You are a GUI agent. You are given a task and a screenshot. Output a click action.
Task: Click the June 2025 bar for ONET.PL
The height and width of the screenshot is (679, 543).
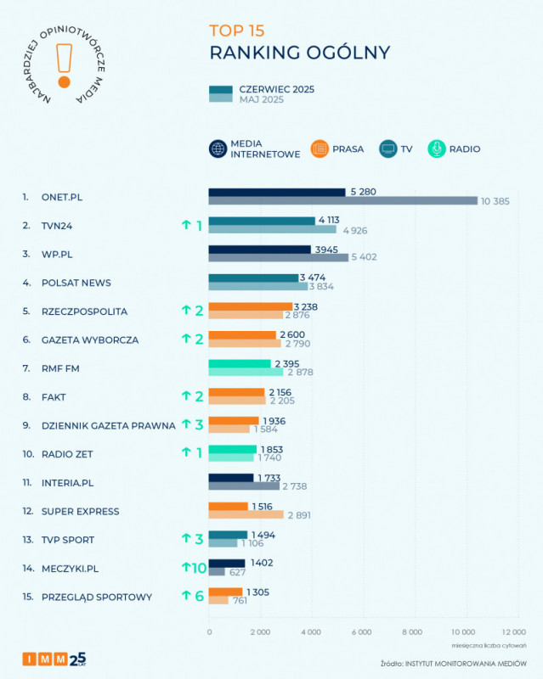tap(277, 192)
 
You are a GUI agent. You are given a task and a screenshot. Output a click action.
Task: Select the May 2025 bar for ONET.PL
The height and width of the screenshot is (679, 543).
tap(343, 201)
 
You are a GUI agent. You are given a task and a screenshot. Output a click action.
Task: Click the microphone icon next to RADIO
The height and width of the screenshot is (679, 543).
tap(436, 149)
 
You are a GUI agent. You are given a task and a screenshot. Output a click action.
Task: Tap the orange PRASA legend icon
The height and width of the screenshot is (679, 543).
tap(320, 149)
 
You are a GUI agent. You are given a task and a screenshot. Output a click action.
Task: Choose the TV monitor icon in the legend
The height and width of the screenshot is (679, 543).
tap(388, 149)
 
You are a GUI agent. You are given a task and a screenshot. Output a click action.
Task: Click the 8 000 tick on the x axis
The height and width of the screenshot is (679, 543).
tap(412, 632)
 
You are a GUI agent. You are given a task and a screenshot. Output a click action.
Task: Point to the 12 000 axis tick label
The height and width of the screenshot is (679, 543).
tap(512, 632)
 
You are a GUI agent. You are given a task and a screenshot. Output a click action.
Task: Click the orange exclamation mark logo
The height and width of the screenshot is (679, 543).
tap(63, 64)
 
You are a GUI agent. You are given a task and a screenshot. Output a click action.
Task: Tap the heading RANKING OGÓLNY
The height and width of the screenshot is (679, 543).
tap(300, 53)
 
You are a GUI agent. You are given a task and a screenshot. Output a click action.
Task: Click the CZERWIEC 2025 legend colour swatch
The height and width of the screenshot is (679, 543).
tap(220, 89)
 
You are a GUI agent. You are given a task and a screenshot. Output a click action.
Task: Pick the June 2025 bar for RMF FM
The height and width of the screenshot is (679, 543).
tap(240, 363)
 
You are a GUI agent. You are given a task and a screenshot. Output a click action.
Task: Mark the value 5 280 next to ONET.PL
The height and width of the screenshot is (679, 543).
tap(362, 192)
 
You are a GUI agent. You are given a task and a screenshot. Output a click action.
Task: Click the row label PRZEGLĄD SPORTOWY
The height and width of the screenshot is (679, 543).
tap(97, 597)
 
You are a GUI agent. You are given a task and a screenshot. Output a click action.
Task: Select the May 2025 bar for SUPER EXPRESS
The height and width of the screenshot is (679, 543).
tap(246, 515)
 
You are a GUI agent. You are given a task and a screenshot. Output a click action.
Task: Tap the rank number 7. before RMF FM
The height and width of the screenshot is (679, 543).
tap(26, 368)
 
